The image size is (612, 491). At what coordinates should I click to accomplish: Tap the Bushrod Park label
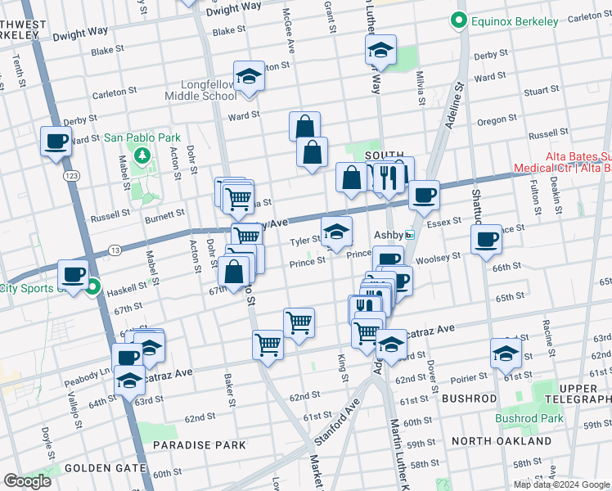(x=529, y=417)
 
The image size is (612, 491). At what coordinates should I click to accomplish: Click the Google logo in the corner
(x=27, y=481)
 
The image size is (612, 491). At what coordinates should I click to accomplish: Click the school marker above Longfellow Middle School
(x=249, y=76)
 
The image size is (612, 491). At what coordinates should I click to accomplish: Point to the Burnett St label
(x=166, y=214)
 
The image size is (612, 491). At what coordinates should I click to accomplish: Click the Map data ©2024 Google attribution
(x=561, y=484)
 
